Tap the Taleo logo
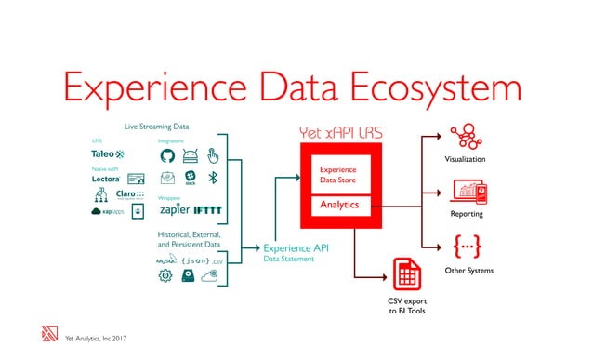109,153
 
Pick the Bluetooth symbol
212,177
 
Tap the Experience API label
296,248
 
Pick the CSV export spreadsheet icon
404,275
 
